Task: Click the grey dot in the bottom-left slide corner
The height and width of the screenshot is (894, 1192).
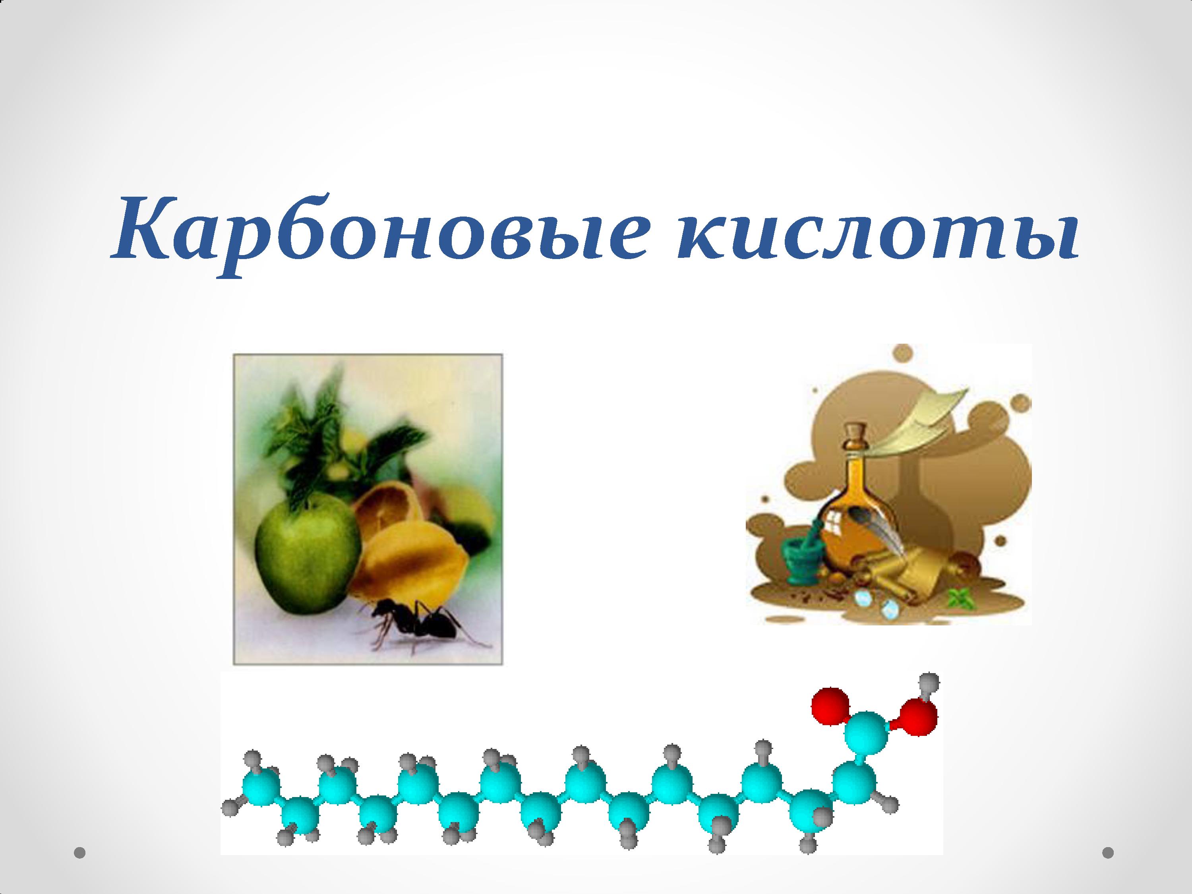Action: click(80, 853)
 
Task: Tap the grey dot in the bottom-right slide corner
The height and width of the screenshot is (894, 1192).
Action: click(1108, 853)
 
